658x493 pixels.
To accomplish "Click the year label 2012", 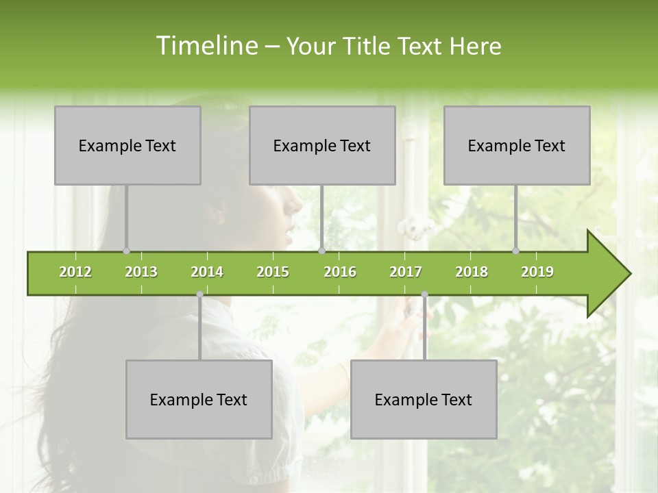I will [75, 272].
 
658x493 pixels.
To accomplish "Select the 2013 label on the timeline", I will [141, 272].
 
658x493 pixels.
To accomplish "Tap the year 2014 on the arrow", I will [207, 272].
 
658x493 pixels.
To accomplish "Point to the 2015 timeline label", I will [273, 272].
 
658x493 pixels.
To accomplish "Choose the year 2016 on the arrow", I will [340, 272].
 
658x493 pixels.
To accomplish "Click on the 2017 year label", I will [406, 272].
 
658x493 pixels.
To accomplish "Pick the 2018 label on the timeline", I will [472, 272].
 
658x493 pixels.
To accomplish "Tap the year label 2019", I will [537, 272].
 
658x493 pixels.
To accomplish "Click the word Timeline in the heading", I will [206, 46].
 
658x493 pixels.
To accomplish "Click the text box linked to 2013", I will [127, 145].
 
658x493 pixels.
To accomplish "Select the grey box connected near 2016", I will [322, 145].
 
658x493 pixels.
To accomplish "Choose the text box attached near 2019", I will [517, 145].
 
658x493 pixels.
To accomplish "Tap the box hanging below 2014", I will [199, 399].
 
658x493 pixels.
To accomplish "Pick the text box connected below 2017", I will [424, 399].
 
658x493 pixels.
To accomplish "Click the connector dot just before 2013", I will [126, 251].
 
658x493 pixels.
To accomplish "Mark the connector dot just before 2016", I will [322, 251].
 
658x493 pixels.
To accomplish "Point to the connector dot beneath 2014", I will [199, 294].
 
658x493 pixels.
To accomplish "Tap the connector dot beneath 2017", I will [424, 294].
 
